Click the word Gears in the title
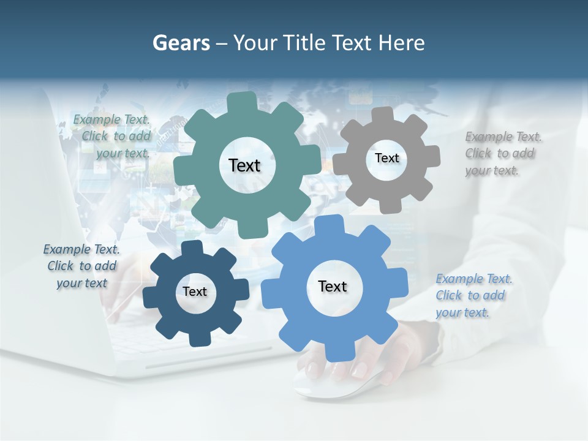[x=181, y=43]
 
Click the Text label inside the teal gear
[x=244, y=165]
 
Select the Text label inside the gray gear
[x=386, y=158]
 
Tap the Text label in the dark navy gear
[x=195, y=292]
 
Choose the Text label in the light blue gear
[x=333, y=286]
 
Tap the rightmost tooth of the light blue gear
[x=398, y=285]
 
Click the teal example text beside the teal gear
[x=116, y=137]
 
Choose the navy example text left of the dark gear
[x=81, y=266]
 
